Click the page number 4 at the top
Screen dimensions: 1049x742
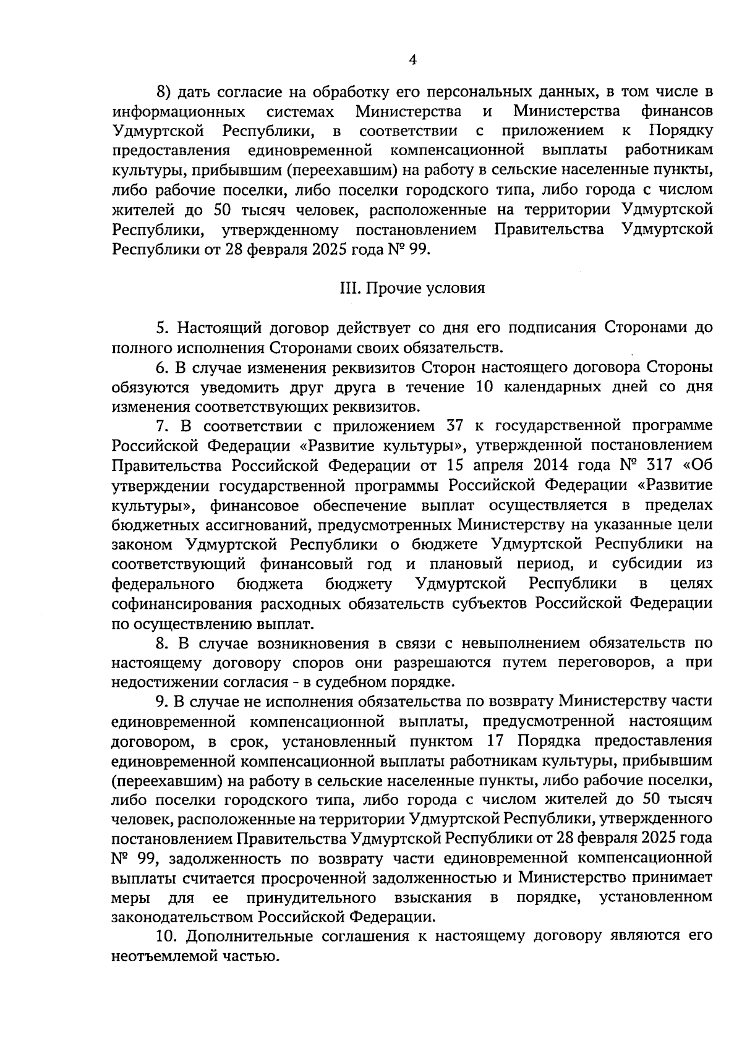(412, 59)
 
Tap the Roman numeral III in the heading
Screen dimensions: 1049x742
(349, 288)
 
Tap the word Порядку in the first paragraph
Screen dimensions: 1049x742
(680, 131)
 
